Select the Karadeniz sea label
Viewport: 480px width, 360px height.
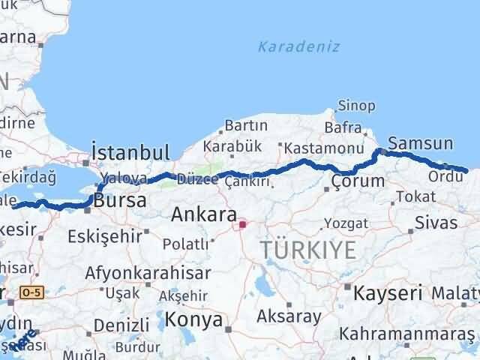pyautogui.click(x=298, y=46)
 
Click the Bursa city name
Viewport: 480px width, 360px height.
pyautogui.click(x=121, y=202)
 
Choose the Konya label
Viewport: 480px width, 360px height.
pyautogui.click(x=195, y=319)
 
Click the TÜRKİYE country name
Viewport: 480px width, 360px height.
pyautogui.click(x=307, y=250)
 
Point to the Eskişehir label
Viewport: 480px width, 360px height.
pyautogui.click(x=104, y=235)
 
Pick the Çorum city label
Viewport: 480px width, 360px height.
pyautogui.click(x=358, y=181)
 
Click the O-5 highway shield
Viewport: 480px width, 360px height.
pyautogui.click(x=32, y=292)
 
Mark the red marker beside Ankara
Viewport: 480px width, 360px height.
pyautogui.click(x=242, y=223)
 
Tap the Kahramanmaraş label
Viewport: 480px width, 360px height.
pyautogui.click(x=406, y=333)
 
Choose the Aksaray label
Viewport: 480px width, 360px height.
pyautogui.click(x=288, y=316)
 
